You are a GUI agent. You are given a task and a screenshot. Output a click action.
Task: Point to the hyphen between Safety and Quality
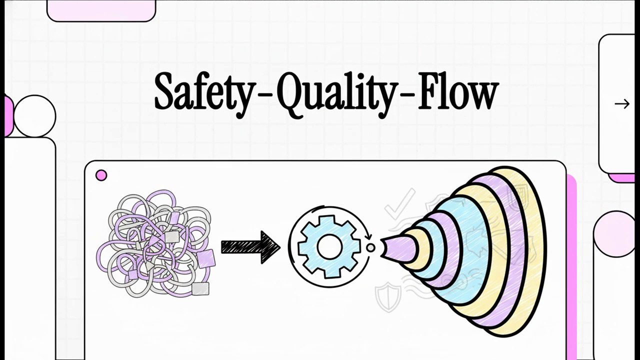pyautogui.click(x=264, y=97)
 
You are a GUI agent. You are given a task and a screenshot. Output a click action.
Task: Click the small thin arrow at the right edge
pyautogui.click(x=622, y=103)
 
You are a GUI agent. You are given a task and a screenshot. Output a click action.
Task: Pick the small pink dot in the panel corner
pyautogui.click(x=101, y=175)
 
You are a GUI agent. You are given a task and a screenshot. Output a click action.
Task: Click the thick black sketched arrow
pyautogui.click(x=250, y=247)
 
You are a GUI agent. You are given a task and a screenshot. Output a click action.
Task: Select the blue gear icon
pyautogui.click(x=329, y=247)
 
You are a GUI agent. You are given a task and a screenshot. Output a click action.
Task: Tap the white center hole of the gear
pyautogui.click(x=329, y=247)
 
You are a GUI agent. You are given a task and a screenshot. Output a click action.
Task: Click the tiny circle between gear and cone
pyautogui.click(x=370, y=247)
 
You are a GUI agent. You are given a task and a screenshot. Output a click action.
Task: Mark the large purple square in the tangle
pyautogui.click(x=205, y=258)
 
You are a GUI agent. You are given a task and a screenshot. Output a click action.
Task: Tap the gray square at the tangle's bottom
pyautogui.click(x=200, y=288)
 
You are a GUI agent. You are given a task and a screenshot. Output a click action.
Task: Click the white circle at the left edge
pyautogui.click(x=34, y=116)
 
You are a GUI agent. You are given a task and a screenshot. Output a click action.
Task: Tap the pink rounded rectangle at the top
pyautogui.click(x=101, y=10)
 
